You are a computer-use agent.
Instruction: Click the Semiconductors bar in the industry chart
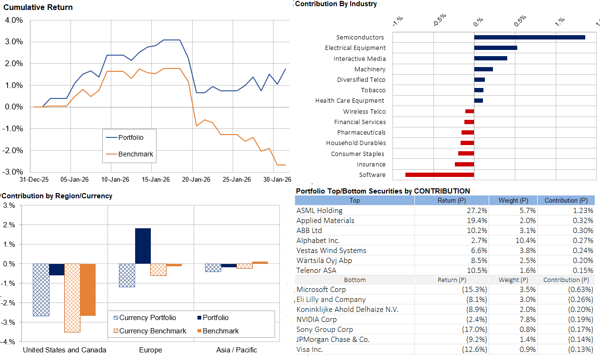click(x=529, y=38)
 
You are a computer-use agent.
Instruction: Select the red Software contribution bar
click(x=439, y=175)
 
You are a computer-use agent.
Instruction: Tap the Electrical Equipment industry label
click(x=355, y=48)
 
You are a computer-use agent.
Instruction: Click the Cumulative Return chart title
click(x=38, y=8)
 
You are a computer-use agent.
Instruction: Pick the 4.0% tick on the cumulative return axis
click(x=14, y=20)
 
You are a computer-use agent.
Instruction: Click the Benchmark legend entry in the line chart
click(x=136, y=154)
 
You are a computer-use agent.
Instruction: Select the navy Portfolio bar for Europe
click(x=143, y=246)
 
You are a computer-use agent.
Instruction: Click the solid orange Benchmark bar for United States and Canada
click(x=88, y=290)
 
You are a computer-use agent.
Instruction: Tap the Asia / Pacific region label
click(x=236, y=350)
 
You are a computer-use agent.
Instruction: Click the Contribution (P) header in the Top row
click(x=566, y=201)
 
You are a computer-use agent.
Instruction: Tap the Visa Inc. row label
click(x=310, y=350)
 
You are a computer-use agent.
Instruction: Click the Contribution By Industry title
click(x=336, y=4)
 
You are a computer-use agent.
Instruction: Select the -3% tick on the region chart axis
click(x=9, y=322)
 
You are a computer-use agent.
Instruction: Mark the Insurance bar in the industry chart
click(x=464, y=165)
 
